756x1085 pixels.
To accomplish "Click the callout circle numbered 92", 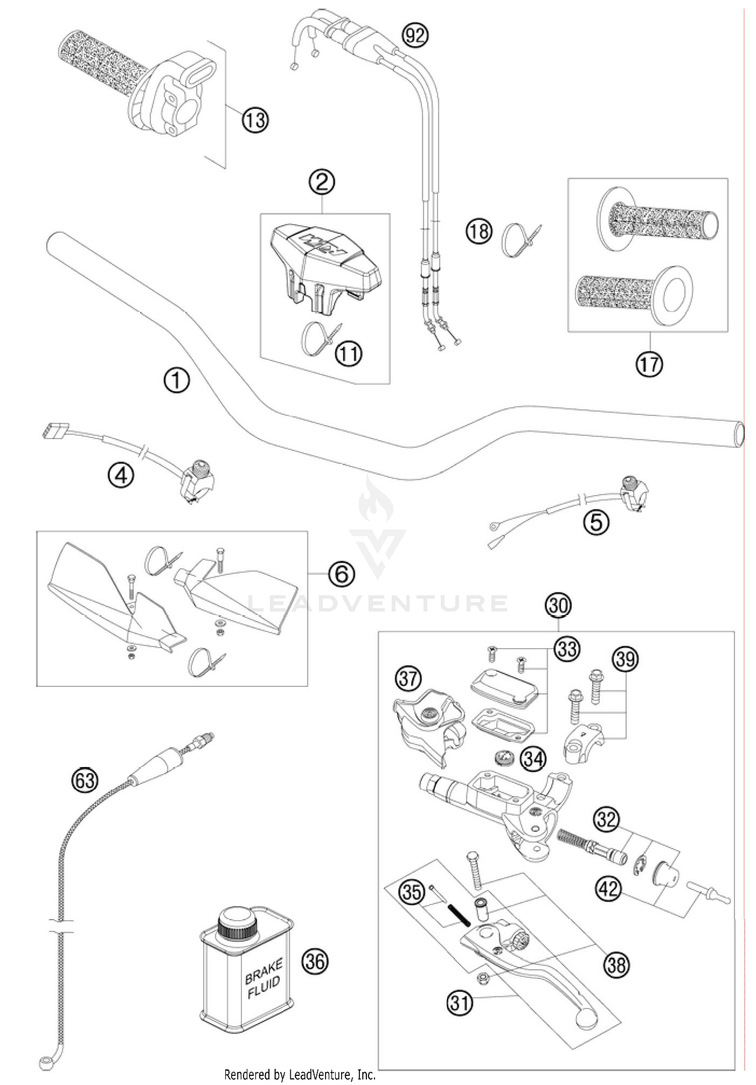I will point(416,36).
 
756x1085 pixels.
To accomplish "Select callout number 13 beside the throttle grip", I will point(255,120).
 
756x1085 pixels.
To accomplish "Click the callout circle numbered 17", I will point(649,363).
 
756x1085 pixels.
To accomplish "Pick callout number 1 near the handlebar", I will point(176,380).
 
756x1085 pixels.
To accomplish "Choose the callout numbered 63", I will point(84,781).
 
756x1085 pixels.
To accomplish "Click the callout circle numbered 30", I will point(559,605).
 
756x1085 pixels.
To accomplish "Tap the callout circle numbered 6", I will point(342,573).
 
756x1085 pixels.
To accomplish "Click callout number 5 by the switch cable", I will point(596,522).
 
